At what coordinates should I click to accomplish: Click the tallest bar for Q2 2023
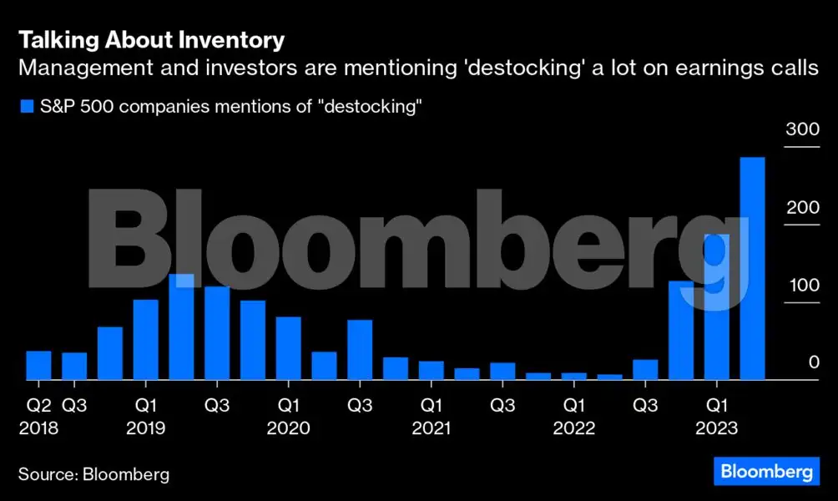pyautogui.click(x=753, y=268)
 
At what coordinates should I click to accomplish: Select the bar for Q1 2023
pyautogui.click(x=717, y=306)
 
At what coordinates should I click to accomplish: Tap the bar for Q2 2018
pyautogui.click(x=38, y=365)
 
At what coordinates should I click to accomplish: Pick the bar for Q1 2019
pyautogui.click(x=146, y=339)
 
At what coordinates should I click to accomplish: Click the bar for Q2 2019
pyautogui.click(x=181, y=326)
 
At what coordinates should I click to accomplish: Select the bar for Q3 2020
pyautogui.click(x=360, y=350)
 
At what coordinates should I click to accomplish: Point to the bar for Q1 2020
pyautogui.click(x=289, y=348)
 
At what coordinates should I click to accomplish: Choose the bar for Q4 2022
pyautogui.click(x=681, y=330)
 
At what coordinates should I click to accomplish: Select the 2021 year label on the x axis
pyautogui.click(x=431, y=428)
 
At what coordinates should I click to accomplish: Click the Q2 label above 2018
pyautogui.click(x=38, y=406)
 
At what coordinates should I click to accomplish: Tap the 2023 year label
pyautogui.click(x=717, y=428)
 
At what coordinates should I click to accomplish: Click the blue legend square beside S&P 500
pyautogui.click(x=26, y=107)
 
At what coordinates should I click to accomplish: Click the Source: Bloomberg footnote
pyautogui.click(x=93, y=474)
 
